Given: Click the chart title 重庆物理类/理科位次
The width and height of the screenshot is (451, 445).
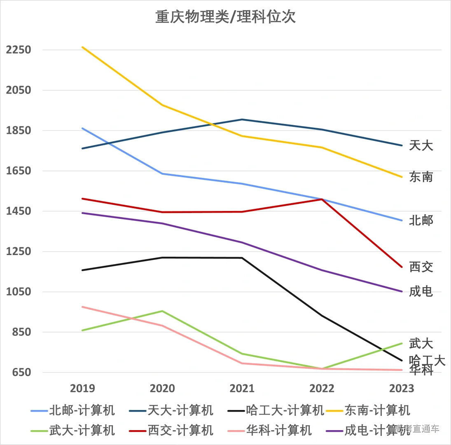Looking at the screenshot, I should point(225,17).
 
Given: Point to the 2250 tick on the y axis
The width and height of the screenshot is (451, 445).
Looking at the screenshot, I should point(19,50).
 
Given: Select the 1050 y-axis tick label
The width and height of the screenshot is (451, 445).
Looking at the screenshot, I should point(19,292).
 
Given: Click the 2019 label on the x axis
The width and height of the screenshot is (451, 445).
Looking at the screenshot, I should point(82,389).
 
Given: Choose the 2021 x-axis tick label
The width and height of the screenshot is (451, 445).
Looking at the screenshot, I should point(242,389).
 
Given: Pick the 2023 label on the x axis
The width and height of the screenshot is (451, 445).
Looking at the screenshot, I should point(402,389).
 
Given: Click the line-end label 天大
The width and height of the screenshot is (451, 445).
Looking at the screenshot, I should point(421,145).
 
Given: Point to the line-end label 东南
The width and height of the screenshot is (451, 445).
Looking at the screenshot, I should point(421,177).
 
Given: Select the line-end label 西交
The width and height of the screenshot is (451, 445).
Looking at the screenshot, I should point(421,267).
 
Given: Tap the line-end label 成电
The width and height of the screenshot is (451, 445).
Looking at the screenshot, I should point(421,292).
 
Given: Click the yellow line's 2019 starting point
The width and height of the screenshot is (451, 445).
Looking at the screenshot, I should point(82,47).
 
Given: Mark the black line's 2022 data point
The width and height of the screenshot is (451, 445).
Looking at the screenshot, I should point(322,316).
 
